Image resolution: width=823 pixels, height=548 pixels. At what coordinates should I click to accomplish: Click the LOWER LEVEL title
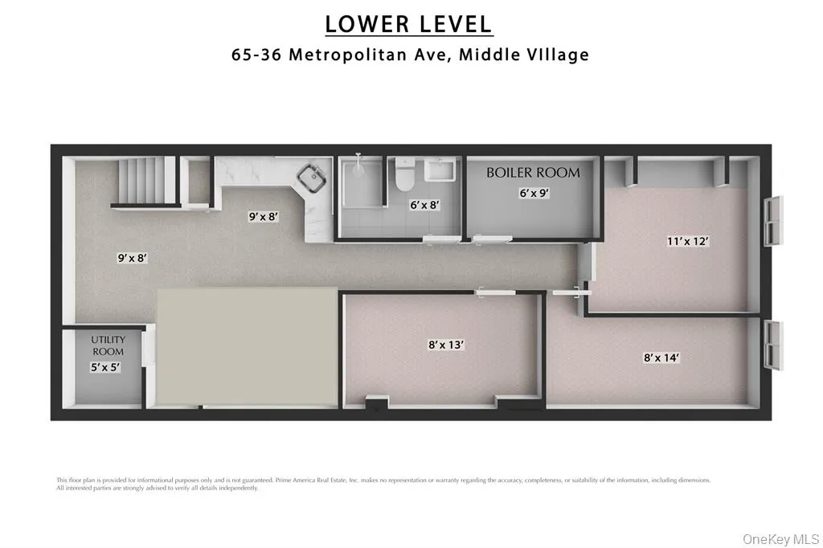pos(409,24)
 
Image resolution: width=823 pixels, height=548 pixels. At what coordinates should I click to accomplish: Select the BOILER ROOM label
pos(533,173)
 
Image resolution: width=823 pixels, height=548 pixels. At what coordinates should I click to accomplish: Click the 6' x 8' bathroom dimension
pos(424,205)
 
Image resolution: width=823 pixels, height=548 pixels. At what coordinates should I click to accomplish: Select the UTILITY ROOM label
pos(108,346)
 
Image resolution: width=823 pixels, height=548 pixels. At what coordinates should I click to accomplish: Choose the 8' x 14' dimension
pos(661,358)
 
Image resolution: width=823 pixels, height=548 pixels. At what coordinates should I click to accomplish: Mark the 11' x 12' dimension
pos(687,241)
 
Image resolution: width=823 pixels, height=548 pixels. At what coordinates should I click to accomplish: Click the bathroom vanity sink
pos(440,171)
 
